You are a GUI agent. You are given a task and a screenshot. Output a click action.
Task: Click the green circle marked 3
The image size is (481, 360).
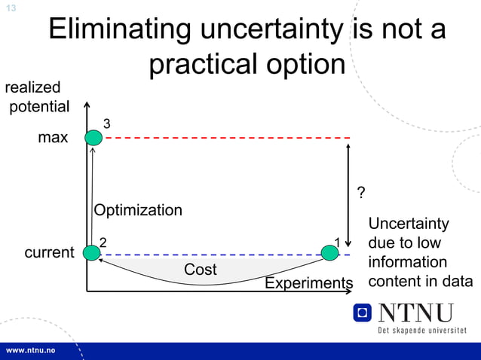coord(93,137)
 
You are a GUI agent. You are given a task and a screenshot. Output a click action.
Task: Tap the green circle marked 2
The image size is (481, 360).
coord(93,253)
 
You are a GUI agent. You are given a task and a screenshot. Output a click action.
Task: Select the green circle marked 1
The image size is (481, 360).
coord(330,253)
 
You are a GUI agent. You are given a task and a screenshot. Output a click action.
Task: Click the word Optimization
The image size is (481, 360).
coord(138,210)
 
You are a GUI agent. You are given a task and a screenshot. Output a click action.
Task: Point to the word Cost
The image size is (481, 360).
coord(200,270)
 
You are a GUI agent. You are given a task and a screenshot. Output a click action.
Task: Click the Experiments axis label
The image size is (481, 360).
coord(308,283)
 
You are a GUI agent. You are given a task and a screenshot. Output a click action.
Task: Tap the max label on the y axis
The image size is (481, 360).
coord(53,138)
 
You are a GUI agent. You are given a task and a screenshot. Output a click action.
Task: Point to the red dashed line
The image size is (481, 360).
coord(226,138)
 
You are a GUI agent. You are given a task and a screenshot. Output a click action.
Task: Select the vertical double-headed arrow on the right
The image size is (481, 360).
coord(348,195)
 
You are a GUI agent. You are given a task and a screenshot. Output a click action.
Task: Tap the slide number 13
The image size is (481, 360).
coord(11,8)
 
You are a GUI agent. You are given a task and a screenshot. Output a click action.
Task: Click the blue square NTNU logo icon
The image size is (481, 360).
coord(363,313)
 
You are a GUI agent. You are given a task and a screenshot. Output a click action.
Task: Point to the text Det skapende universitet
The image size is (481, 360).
coord(421,331)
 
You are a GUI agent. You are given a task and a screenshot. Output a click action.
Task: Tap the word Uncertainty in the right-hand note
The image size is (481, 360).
coord(408,224)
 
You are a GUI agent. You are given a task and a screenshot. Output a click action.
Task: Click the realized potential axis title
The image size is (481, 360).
coord(38,97)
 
